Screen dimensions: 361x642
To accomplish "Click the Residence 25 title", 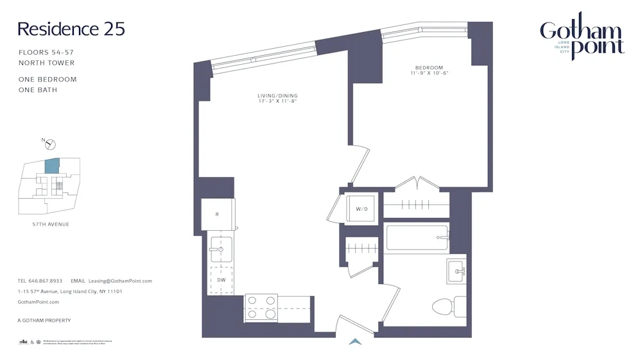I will pos(71,29).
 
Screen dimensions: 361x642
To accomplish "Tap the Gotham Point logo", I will pos(581,37).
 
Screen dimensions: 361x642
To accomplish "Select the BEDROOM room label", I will pos(429,67).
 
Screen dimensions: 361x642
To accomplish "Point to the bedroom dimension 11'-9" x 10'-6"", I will pos(429,73).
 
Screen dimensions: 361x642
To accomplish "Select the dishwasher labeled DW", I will pos(220,280).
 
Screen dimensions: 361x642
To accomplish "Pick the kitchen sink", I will pos(220,249).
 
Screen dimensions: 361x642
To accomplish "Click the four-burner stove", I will pos(261,307).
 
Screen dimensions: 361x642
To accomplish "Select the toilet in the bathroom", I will pos(447,306).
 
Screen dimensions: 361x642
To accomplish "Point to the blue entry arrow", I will pos(355,342).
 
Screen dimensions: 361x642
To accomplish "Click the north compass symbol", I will pos(50,144).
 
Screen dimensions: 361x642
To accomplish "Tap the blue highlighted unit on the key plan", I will pos(52,166).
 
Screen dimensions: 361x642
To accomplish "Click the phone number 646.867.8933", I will pos(45,281).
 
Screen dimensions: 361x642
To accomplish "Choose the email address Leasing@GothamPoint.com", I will pos(120,281).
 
